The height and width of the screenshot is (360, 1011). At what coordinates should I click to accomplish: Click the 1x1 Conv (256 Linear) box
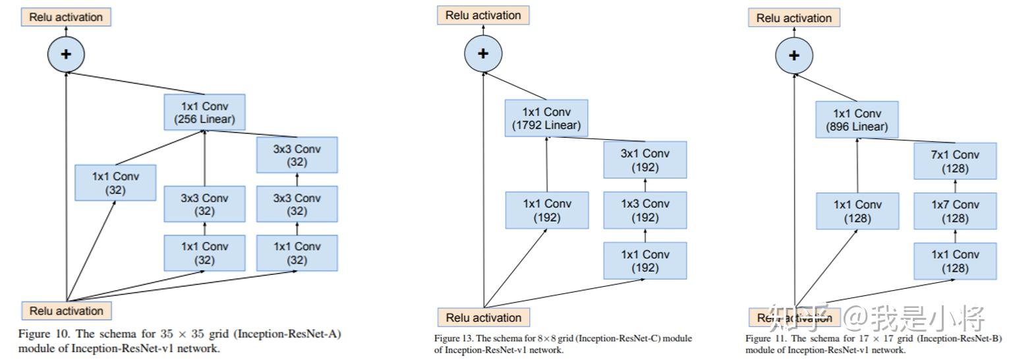204,112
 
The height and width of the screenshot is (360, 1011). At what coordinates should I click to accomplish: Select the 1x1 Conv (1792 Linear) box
546,118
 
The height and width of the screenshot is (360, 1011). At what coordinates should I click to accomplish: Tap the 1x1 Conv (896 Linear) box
857,119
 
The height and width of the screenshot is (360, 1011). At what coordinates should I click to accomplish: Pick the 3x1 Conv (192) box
645,160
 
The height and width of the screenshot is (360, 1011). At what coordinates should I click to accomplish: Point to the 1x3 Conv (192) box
645,210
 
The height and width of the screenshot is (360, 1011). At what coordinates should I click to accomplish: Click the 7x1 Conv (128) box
955,162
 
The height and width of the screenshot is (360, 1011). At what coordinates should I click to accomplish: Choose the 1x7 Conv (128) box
955,211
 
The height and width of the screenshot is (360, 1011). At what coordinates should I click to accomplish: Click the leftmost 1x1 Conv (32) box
116,183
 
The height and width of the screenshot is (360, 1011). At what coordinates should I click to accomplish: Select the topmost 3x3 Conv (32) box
297,155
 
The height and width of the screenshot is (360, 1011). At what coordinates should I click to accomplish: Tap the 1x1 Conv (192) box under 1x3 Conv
645,260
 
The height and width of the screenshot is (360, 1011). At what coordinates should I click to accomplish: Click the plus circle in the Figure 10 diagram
66,54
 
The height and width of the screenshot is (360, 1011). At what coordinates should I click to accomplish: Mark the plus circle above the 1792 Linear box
483,53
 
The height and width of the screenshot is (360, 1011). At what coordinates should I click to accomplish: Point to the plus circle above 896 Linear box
794,55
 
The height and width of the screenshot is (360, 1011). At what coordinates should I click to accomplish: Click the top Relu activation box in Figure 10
66,17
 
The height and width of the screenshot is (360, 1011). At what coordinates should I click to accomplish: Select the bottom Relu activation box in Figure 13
483,317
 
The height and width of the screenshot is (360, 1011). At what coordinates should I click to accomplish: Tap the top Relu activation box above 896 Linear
794,18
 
